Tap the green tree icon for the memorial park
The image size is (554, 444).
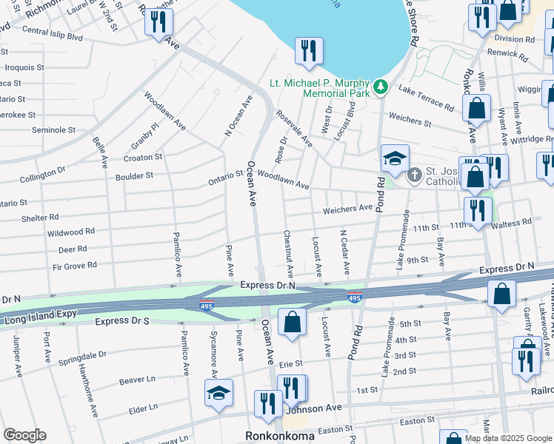(381, 87)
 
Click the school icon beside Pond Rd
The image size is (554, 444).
(395, 158)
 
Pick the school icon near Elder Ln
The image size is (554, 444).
(219, 394)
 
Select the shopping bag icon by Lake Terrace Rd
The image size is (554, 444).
(476, 107)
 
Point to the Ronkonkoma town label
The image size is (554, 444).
(281, 436)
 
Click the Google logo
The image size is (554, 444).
(24, 435)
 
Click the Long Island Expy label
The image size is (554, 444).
(41, 319)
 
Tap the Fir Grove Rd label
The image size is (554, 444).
(71, 265)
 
